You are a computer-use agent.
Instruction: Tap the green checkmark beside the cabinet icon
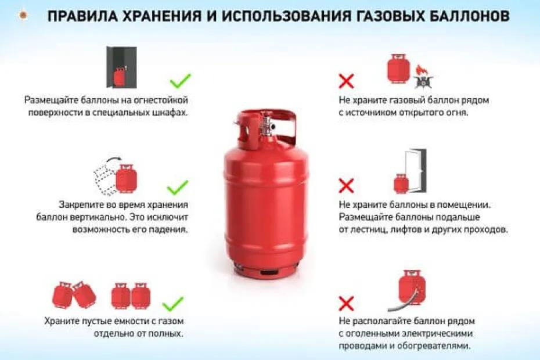[180, 81]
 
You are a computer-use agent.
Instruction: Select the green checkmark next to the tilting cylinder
[178, 187]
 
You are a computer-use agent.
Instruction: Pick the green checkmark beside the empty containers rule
[172, 304]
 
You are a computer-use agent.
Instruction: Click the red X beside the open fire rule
[347, 81]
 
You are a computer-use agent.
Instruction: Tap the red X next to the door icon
[346, 186]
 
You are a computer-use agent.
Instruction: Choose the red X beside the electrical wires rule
[346, 303]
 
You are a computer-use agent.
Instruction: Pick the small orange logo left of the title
[23, 16]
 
